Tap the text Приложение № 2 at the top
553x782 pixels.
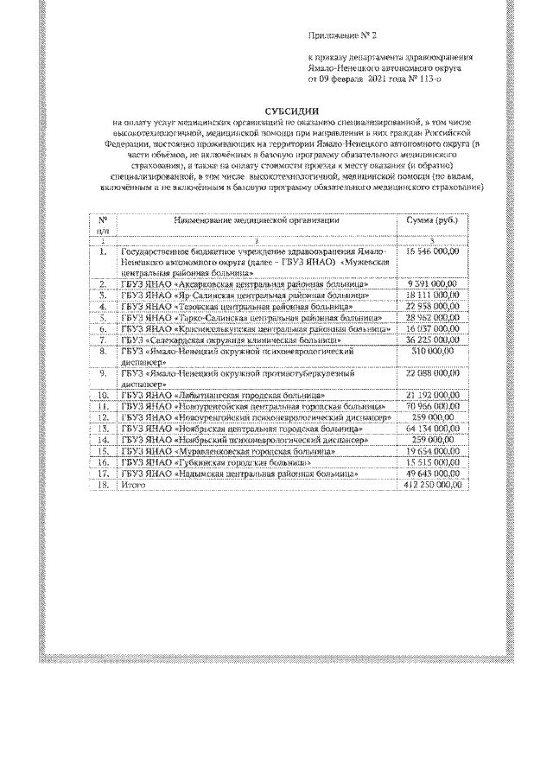tap(343, 35)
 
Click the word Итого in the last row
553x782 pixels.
tap(135, 486)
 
